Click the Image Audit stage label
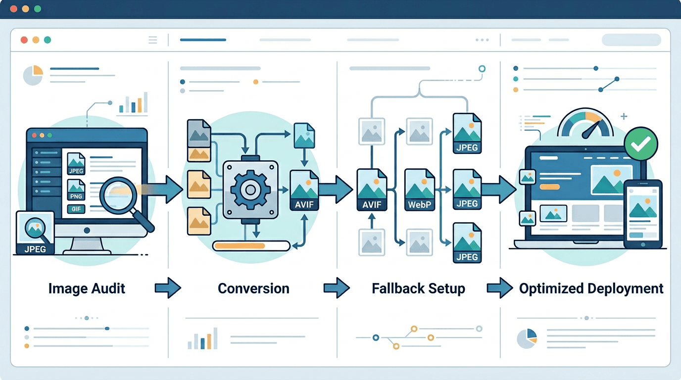point(87,288)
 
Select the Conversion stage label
point(253,288)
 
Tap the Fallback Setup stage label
point(418,288)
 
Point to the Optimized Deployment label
point(591,288)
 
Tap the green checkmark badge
point(641,143)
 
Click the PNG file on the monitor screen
point(76,190)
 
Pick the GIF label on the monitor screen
point(76,209)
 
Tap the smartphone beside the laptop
point(642,214)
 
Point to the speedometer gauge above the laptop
point(584,124)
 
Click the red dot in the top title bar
point(13,9)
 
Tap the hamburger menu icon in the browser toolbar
point(152,40)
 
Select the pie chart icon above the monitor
point(33,75)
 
